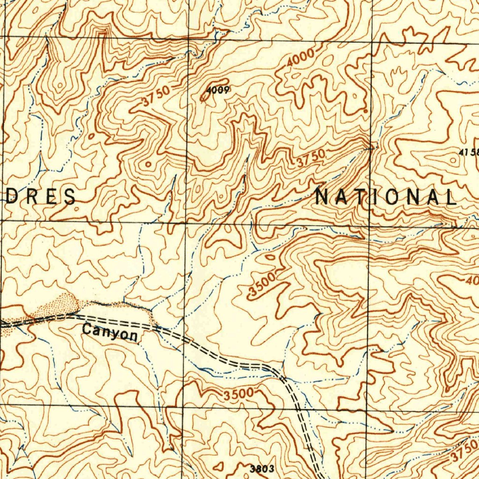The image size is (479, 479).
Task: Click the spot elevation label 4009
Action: pos(218,91)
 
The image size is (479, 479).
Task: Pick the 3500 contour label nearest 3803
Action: pos(238,394)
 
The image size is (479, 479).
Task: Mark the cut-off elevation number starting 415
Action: pos(469,152)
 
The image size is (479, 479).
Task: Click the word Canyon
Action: pos(110,332)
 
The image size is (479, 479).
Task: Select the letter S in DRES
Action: pos(70,196)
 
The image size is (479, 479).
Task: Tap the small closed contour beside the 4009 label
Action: pos(204,97)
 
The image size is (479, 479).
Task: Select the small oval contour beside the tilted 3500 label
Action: pos(270,257)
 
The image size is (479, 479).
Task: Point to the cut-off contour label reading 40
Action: pos(472,281)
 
